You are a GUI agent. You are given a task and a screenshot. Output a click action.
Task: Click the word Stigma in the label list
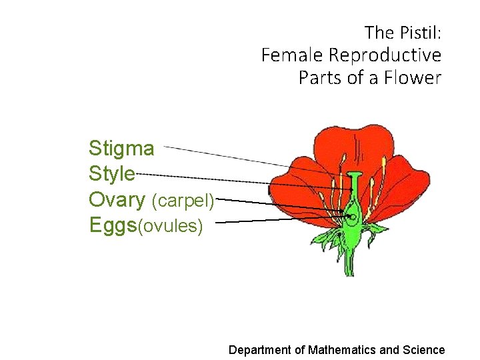[x=121, y=149]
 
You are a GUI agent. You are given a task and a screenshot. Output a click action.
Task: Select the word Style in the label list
[x=112, y=174]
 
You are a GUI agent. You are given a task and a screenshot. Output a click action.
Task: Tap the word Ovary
[x=117, y=199]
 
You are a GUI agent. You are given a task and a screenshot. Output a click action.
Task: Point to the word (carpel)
[x=183, y=201]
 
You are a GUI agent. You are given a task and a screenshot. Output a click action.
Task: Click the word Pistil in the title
[x=419, y=31]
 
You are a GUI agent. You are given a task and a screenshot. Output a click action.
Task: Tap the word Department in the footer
[x=259, y=349]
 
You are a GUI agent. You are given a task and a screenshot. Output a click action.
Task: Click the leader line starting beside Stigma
[x=227, y=156]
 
